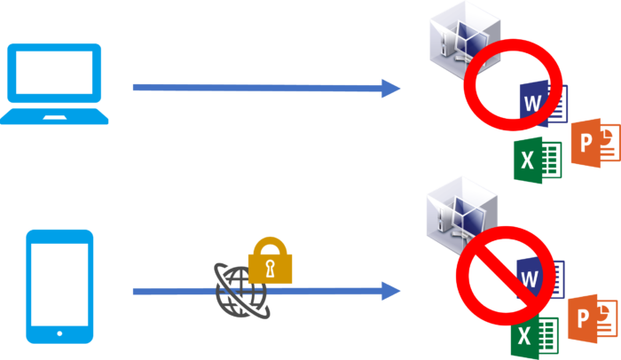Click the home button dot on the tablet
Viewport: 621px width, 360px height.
pyautogui.click(x=59, y=333)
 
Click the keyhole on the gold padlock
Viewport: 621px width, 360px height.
pyautogui.click(x=270, y=269)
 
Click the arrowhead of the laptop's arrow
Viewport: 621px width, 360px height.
pyautogui.click(x=390, y=88)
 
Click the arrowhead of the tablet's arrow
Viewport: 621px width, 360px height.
pyautogui.click(x=390, y=291)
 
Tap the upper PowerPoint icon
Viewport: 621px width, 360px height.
pyautogui.click(x=595, y=143)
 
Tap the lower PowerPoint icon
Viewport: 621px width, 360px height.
pyautogui.click(x=593, y=319)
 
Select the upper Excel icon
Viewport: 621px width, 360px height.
pyautogui.click(x=538, y=160)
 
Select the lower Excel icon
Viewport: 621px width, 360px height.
pyautogui.click(x=535, y=337)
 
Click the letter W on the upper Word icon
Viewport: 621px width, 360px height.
pyautogui.click(x=532, y=104)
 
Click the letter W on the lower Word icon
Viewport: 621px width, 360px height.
pyautogui.click(x=530, y=279)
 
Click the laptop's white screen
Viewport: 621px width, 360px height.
pyautogui.click(x=54, y=73)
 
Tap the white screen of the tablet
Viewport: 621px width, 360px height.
pyautogui.click(x=59, y=285)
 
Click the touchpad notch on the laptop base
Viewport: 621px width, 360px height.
pyautogui.click(x=55, y=117)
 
